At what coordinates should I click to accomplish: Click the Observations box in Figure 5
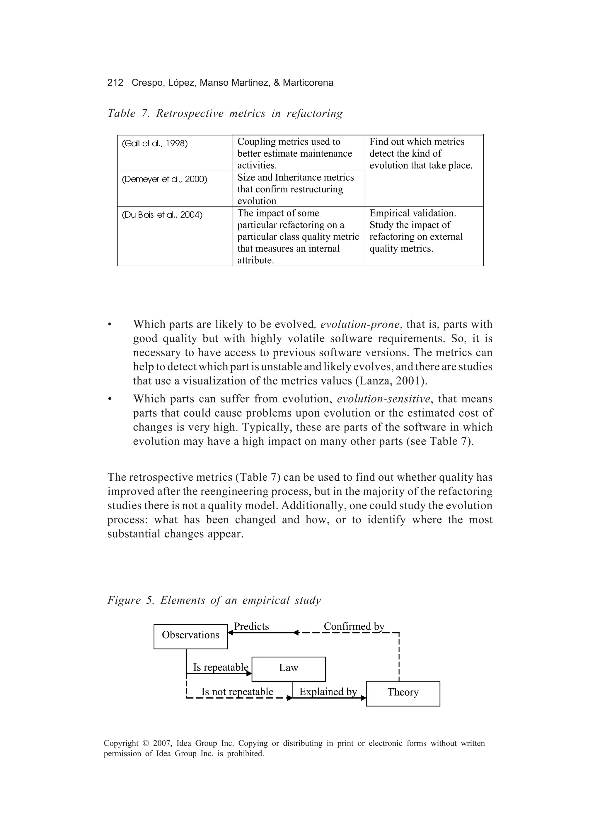click(191, 635)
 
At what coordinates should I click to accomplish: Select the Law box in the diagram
click(289, 668)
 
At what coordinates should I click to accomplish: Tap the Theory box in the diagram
click(403, 692)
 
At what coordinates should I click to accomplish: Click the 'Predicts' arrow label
click(251, 626)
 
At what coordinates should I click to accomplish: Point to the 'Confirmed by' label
click(354, 626)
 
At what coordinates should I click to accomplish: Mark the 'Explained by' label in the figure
click(328, 692)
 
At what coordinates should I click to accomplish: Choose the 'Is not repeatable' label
click(237, 692)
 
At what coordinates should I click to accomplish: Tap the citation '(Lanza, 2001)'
click(391, 381)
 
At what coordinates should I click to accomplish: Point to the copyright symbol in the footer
click(146, 744)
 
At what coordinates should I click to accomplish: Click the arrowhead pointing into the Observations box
click(231, 633)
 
